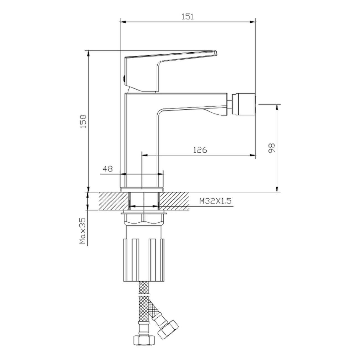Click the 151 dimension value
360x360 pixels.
188,16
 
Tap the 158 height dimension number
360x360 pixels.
83,121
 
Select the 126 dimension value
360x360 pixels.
200,150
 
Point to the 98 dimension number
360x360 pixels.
271,148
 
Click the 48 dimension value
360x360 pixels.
108,169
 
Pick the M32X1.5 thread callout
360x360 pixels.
215,201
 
